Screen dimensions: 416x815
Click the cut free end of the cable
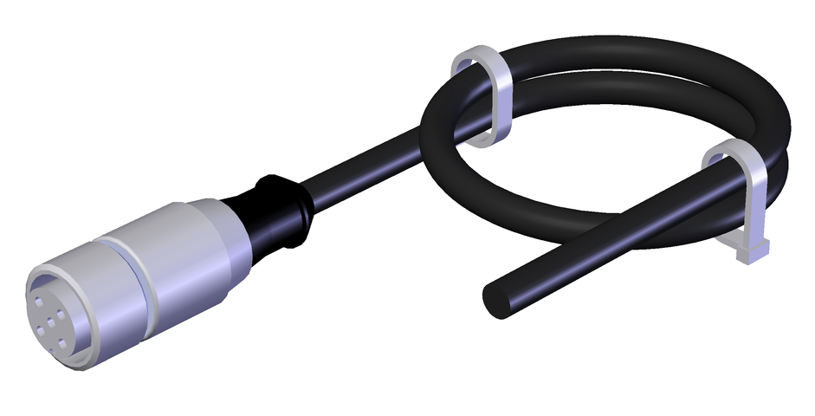coord(497,298)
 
